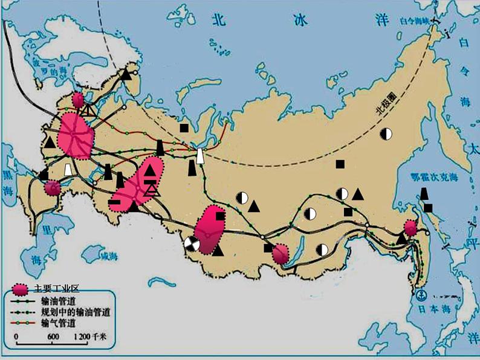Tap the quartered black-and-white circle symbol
(x=192, y=243)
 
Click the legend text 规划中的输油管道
(x=75, y=312)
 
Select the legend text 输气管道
(x=58, y=323)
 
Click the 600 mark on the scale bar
(x=53, y=336)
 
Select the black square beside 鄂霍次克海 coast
(x=428, y=208)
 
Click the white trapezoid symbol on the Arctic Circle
(x=200, y=156)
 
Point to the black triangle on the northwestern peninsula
(x=125, y=74)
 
